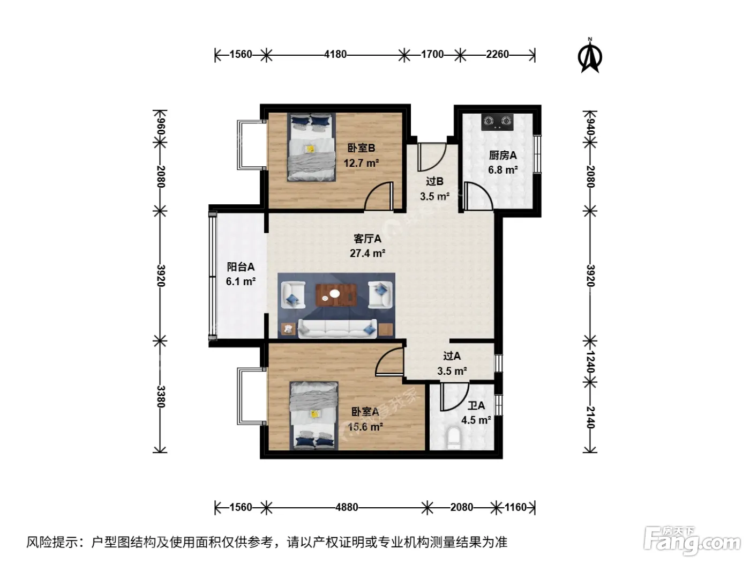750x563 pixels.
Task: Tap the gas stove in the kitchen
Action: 498,122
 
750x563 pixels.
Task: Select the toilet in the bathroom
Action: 454,438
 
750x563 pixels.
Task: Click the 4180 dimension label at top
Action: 335,54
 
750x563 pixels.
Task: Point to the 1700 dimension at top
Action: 432,54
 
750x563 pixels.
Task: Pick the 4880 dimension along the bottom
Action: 347,507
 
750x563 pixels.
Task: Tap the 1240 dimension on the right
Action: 590,362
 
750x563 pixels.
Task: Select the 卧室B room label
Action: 361,148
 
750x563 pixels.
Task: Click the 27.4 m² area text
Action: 367,253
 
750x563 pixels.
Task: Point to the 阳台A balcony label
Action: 241,267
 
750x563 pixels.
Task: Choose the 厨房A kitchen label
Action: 502,155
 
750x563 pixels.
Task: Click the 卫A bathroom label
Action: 476,406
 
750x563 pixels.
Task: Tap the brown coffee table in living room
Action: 336,295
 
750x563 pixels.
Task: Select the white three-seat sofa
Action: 337,329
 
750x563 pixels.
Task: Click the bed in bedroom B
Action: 311,147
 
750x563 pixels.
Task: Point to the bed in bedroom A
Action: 314,416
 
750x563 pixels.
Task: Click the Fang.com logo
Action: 692,542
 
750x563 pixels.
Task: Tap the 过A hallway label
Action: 452,356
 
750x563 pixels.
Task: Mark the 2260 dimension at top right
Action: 498,54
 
